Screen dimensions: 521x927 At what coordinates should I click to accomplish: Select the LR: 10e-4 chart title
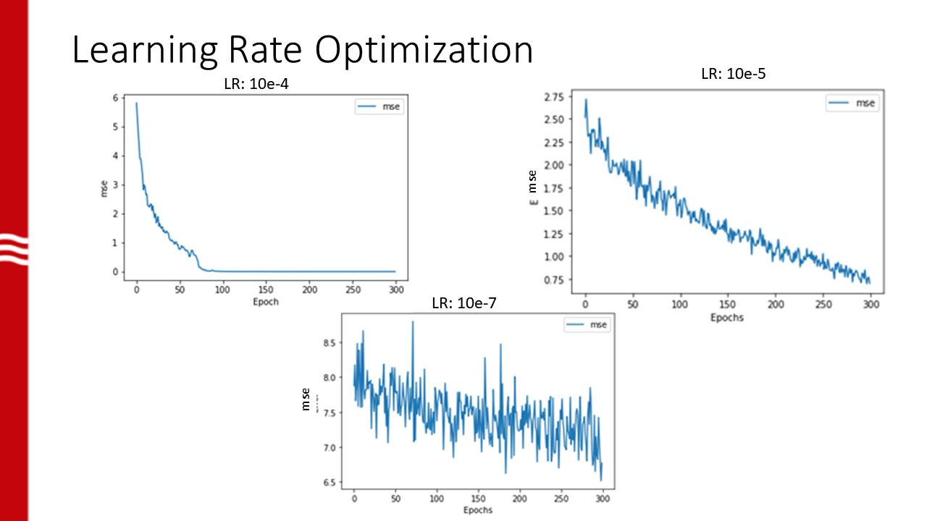tap(261, 85)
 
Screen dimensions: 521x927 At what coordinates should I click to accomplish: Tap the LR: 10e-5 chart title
tap(734, 73)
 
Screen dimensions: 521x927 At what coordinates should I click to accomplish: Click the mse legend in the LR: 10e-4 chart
tap(379, 107)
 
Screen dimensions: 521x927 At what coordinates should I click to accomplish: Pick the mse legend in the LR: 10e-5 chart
tap(852, 103)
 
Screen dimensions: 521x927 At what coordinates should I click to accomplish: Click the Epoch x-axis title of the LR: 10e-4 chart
tap(266, 301)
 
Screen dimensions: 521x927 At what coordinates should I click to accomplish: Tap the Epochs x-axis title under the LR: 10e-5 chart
tap(726, 317)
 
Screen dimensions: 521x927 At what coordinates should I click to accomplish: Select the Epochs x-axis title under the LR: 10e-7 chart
tap(477, 509)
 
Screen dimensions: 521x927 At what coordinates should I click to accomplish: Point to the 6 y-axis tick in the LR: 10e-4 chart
tap(114, 98)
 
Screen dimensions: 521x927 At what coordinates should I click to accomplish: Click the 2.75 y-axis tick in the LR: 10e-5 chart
tap(553, 96)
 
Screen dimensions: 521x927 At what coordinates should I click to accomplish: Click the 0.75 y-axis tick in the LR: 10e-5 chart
tap(553, 280)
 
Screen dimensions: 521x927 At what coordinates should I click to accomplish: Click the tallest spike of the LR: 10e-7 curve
tap(413, 322)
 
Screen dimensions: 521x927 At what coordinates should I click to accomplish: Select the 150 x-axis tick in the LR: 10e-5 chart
tap(728, 305)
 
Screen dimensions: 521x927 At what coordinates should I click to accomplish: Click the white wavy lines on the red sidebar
tap(14, 248)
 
